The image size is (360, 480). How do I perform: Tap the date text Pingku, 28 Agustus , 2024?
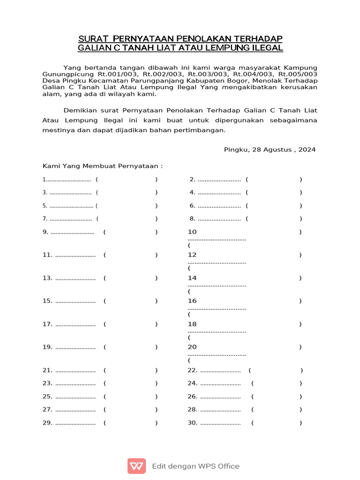click(270, 150)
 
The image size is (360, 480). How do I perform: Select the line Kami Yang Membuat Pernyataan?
click(103, 166)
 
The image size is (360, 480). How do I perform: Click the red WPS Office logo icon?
click(136, 466)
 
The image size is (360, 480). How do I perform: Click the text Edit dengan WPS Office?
click(195, 466)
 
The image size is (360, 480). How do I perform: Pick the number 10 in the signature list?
click(192, 232)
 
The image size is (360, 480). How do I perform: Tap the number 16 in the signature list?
click(192, 301)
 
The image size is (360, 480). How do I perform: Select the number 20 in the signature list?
click(192, 347)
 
